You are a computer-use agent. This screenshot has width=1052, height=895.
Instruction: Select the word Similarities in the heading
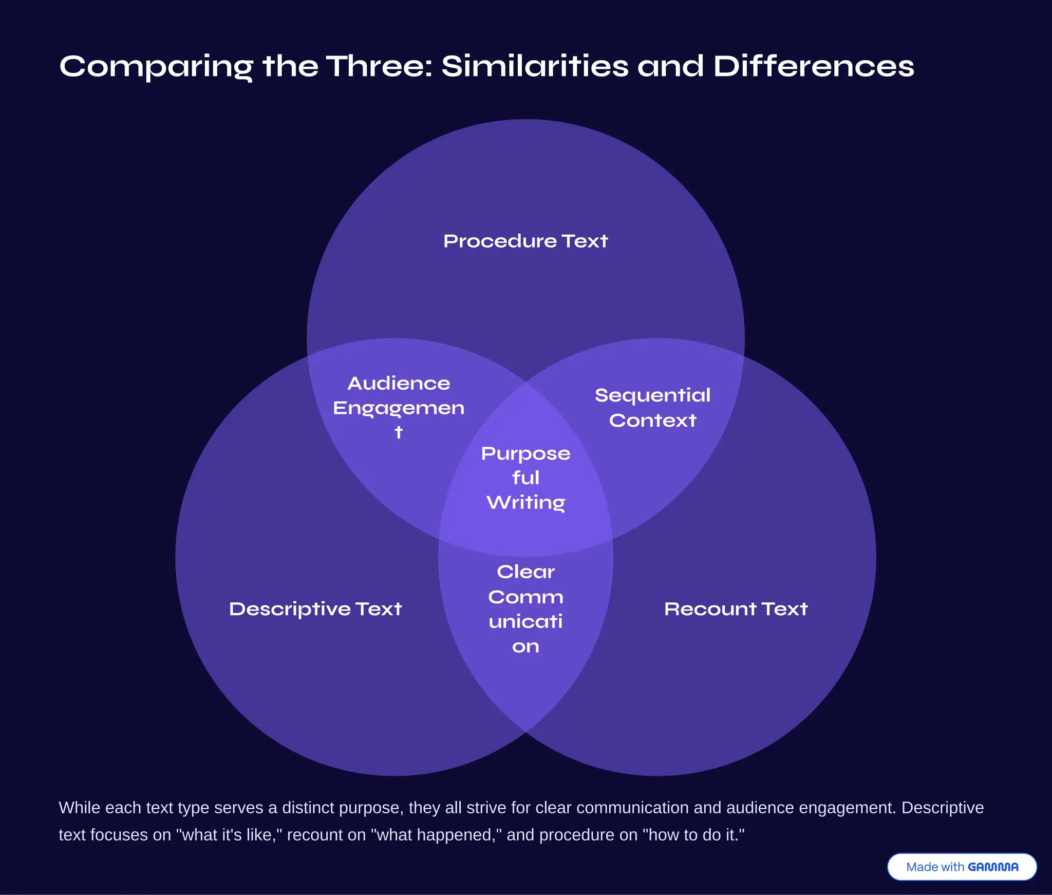click(535, 66)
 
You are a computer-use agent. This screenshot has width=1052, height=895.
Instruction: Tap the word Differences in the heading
click(814, 66)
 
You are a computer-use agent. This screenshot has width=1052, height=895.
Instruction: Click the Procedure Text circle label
click(525, 241)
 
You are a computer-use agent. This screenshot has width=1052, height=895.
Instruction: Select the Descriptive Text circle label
click(315, 609)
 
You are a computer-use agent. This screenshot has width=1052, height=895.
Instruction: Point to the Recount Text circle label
click(736, 609)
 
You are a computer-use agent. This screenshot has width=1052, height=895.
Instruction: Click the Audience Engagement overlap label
click(399, 408)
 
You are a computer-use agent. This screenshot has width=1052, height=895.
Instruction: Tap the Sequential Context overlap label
click(652, 408)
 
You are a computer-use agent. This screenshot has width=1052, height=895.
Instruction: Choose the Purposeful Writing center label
click(525, 478)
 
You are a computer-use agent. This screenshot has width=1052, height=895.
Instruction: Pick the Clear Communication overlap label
click(525, 609)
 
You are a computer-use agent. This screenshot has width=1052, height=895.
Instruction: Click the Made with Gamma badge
click(962, 867)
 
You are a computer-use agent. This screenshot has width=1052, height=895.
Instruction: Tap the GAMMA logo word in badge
click(993, 867)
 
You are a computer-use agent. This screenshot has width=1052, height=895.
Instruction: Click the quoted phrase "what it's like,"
click(229, 835)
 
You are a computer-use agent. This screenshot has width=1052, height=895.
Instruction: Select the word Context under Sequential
click(652, 421)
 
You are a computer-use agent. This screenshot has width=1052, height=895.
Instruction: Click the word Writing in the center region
click(525, 503)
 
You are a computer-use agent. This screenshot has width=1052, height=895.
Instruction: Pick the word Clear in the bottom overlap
click(525, 572)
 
